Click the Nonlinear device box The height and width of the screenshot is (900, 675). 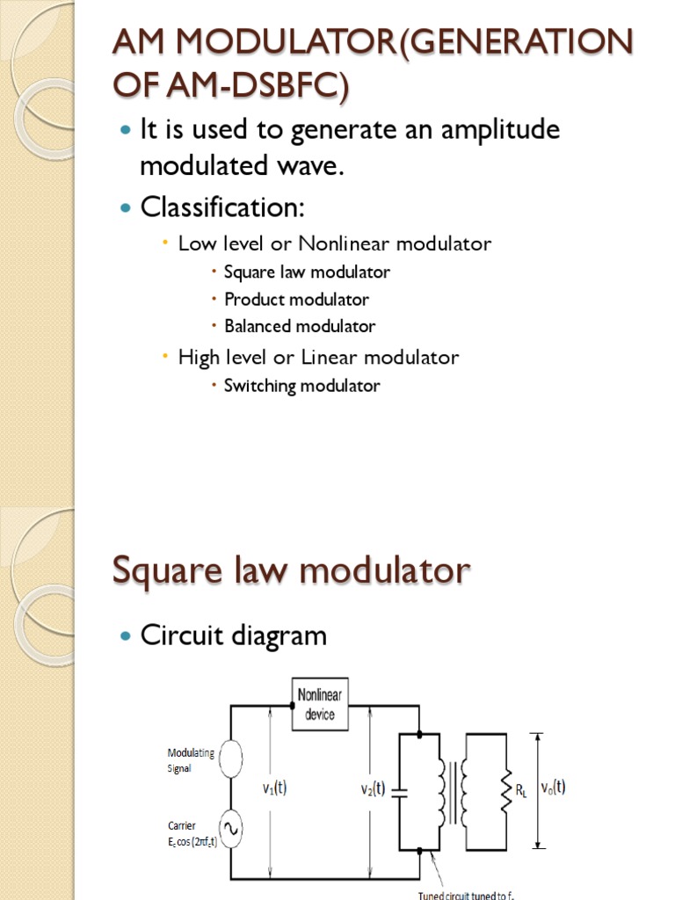(x=319, y=705)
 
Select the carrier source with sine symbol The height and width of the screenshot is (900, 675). (x=230, y=829)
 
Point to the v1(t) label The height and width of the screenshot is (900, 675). (x=274, y=788)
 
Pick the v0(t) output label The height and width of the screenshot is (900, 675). (x=553, y=787)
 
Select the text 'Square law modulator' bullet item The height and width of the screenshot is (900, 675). (x=307, y=272)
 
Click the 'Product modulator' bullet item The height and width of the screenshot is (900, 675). (x=296, y=300)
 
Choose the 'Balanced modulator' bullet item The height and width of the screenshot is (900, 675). (x=300, y=327)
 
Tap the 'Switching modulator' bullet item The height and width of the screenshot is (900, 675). (x=301, y=386)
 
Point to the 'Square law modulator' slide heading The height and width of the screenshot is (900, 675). (x=291, y=571)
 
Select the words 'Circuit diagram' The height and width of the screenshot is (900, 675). (x=234, y=635)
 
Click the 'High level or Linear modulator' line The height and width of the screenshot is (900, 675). (x=318, y=358)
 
